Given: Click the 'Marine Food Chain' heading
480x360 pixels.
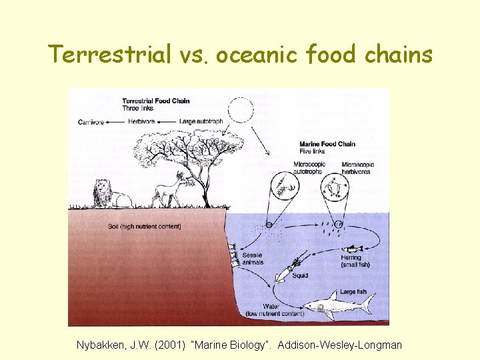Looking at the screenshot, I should (x=327, y=144).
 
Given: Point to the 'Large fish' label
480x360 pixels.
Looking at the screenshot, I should (x=353, y=291).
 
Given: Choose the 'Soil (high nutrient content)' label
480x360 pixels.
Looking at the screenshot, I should (x=144, y=227).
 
